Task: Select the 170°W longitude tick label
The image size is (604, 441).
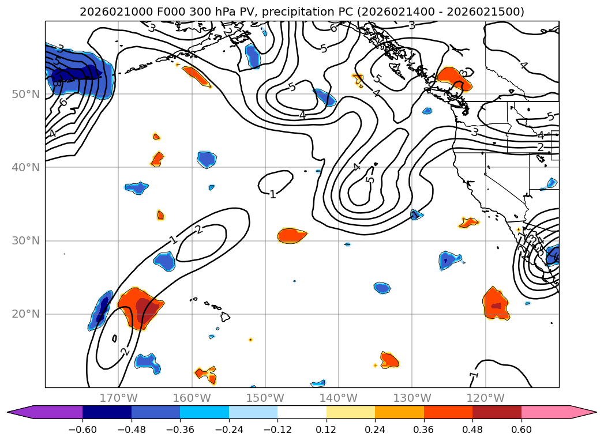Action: pyautogui.click(x=118, y=398)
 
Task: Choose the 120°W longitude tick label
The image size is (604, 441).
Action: pyautogui.click(x=485, y=398)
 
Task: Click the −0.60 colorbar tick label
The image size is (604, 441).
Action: pyautogui.click(x=82, y=430)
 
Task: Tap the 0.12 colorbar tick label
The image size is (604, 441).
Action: pyautogui.click(x=326, y=430)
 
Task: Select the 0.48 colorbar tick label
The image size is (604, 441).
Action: pyautogui.click(x=472, y=430)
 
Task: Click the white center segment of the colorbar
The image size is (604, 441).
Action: pyautogui.click(x=302, y=412)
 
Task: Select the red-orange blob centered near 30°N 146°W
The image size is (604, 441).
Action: pyautogui.click(x=291, y=235)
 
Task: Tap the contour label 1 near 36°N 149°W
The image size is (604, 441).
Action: pyautogui.click(x=273, y=194)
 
